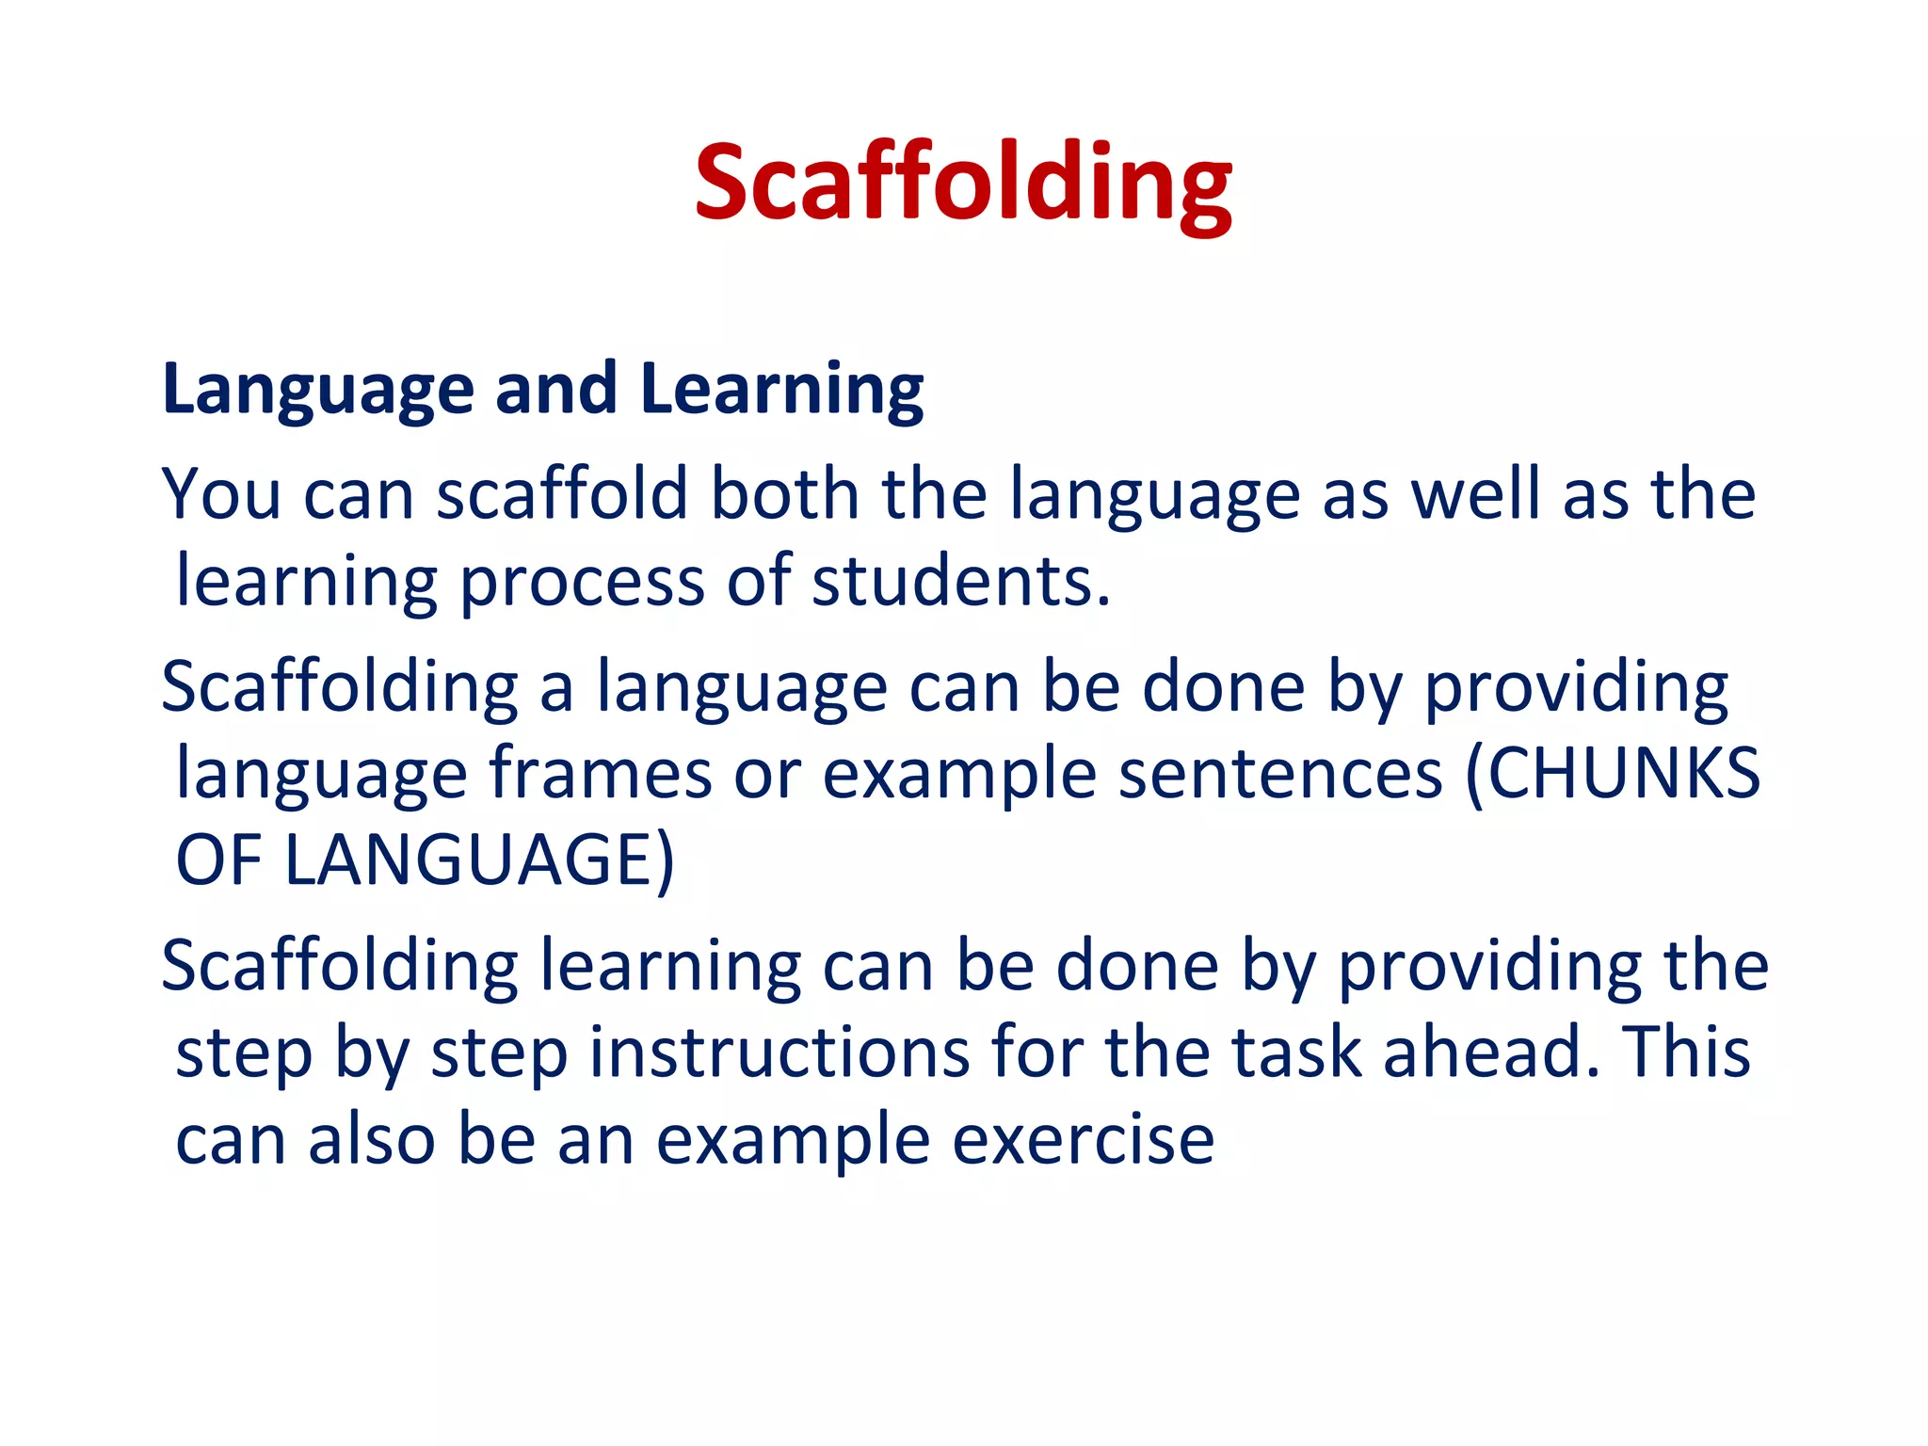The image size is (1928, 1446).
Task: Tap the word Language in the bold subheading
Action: (x=317, y=389)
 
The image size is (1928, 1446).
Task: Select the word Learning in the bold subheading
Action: (x=781, y=389)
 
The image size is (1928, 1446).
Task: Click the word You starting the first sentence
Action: (x=221, y=494)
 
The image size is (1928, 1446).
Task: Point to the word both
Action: (x=784, y=494)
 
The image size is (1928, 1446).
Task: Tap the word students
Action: (x=960, y=582)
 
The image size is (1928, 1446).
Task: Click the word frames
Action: (x=600, y=774)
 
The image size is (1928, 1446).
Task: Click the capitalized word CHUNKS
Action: (x=1623, y=774)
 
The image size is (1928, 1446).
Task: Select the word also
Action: (x=372, y=1139)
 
